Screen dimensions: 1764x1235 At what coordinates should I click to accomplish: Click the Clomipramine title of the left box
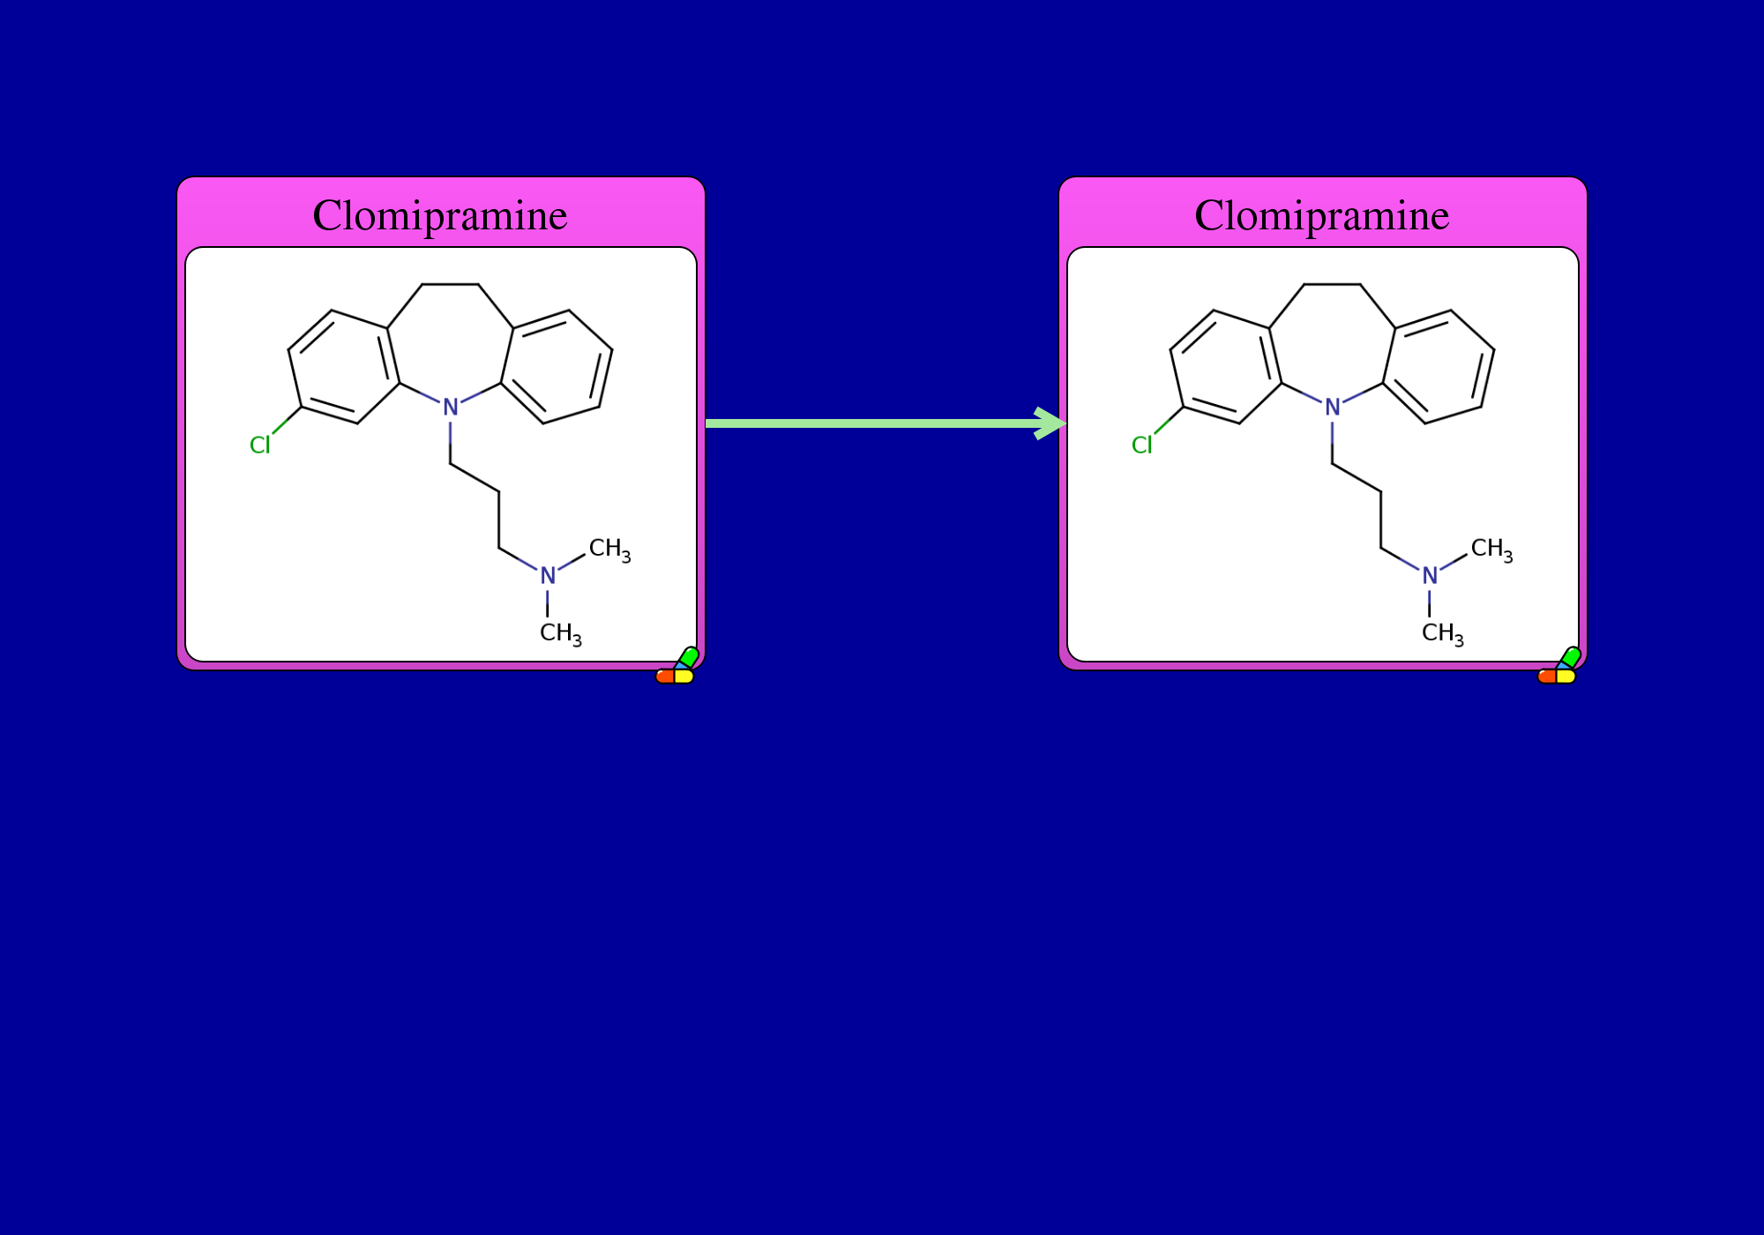coord(440,215)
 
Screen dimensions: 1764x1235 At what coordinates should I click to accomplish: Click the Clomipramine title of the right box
coord(1322,215)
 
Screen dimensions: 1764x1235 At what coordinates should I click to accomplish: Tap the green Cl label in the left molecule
coord(260,445)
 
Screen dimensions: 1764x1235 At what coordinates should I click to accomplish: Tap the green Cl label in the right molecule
coord(1142,445)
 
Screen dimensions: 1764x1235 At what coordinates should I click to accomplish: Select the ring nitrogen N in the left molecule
coord(451,408)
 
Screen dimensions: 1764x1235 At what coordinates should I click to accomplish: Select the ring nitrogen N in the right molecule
coord(1333,408)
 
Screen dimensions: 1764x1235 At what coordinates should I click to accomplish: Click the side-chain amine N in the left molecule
coord(548,576)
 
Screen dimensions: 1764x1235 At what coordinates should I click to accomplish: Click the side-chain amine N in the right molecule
coord(1430,576)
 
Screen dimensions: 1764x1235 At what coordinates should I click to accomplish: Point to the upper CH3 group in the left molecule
coord(609,550)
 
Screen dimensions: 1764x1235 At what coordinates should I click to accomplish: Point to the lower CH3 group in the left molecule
coord(561,634)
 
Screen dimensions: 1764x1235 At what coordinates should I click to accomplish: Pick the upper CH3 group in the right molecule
coord(1491,550)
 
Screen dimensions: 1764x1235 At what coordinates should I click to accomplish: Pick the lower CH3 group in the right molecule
coord(1443,634)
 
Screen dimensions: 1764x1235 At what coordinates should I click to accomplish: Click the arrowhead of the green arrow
coord(1051,423)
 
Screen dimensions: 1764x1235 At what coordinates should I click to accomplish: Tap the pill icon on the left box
coord(677,667)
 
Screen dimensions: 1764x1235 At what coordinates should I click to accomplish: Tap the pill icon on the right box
coord(1559,667)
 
